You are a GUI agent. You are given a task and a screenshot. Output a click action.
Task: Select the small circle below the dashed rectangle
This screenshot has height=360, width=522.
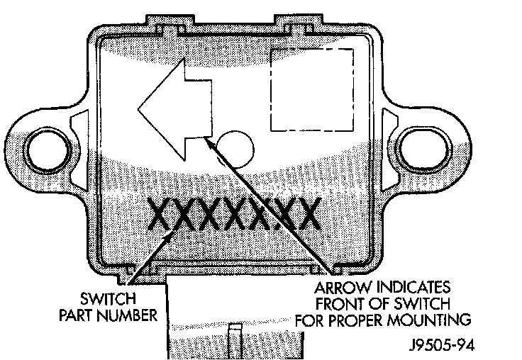(235, 148)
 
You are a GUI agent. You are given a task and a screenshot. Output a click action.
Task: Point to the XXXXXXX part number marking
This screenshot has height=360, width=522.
(235, 214)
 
